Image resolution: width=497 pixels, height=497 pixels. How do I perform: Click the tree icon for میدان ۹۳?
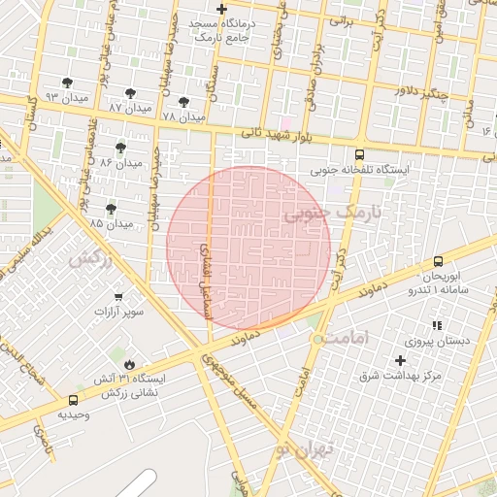66,83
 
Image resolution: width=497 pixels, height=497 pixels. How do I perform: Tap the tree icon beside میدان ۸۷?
130,93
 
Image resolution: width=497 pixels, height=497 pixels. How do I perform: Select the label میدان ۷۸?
184,116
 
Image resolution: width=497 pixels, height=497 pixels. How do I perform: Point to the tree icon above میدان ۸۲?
120,148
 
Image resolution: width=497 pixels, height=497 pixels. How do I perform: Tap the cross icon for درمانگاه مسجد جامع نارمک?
221,9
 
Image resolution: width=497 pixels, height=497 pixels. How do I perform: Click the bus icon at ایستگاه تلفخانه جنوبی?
360,154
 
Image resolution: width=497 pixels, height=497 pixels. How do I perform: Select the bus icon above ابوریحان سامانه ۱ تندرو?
438,261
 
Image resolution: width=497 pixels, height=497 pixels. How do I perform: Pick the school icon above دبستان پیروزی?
437,325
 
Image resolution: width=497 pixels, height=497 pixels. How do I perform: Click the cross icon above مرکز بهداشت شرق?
399,360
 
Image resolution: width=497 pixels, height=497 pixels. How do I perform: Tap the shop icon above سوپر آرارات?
118,297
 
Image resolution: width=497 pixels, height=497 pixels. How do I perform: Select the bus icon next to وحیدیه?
74,400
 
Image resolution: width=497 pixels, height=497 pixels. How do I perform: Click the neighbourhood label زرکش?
90,259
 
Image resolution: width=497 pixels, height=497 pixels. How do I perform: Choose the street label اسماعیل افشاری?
206,281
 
